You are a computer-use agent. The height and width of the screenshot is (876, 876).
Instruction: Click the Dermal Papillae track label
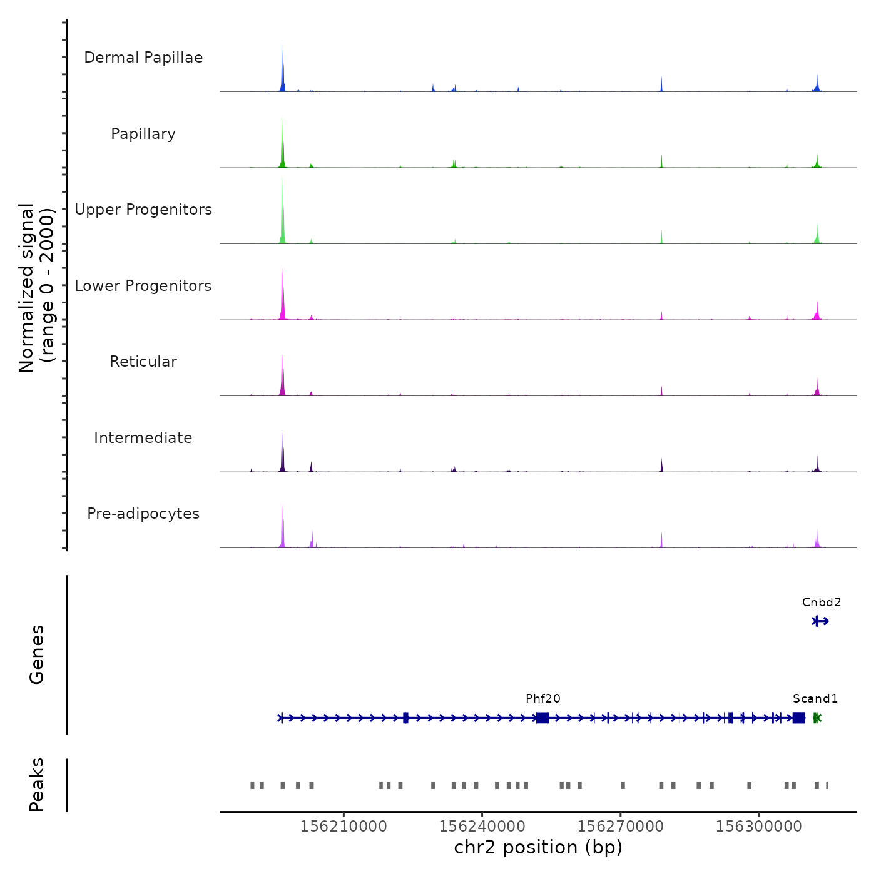coord(143,58)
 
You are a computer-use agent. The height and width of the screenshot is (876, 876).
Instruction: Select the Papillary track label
coord(143,134)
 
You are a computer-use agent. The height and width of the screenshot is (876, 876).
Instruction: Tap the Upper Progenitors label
coord(143,210)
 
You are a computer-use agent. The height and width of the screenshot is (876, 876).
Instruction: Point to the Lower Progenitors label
coord(143,286)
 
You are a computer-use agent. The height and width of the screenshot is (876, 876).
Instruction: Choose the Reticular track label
coord(143,362)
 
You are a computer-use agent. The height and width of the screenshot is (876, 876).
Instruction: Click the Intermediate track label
coord(143,438)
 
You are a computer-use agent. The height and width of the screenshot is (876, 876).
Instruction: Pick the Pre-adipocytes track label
coord(143,514)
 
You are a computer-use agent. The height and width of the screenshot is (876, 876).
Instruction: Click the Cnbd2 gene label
coord(822,603)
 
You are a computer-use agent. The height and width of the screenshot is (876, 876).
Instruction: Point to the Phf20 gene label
coord(543,699)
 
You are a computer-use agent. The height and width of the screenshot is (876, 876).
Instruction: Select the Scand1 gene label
coord(815,699)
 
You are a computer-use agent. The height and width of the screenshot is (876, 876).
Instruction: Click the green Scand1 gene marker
coord(817,718)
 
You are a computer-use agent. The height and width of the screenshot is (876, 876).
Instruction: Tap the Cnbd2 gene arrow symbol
coord(820,621)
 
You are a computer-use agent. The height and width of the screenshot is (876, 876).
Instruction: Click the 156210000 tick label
coord(344,827)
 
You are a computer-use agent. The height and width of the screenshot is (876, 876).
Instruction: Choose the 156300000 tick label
coord(758,827)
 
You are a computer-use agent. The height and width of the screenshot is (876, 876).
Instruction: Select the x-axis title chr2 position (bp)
coord(538,848)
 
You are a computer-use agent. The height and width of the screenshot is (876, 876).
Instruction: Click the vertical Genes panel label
coord(37,654)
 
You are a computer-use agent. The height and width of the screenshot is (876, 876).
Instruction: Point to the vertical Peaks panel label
coord(37,785)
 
